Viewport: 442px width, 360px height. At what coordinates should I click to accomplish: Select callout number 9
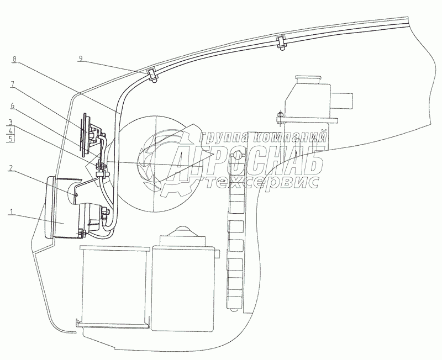point(81,57)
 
